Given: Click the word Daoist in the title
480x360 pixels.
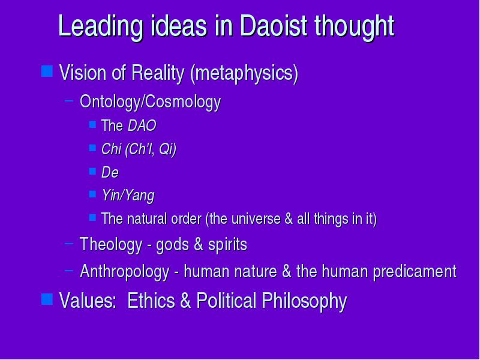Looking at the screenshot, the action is coord(274,25).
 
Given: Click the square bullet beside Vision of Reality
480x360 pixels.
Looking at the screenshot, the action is coord(47,71).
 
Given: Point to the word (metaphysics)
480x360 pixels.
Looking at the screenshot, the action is coord(244,74).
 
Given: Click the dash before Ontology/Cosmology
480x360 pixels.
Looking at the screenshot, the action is coord(69,100).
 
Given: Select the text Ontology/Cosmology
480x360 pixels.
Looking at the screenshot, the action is coord(150,102).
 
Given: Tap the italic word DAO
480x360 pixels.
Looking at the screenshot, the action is coord(142,125).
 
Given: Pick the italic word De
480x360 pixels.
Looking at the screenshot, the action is coord(110,172).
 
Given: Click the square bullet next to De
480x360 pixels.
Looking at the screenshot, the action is coord(92,171).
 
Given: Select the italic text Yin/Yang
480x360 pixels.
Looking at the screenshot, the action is coord(128,196).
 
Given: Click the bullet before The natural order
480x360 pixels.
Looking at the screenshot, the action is coord(92,217).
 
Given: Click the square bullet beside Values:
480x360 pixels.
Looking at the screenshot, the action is coord(47,299).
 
